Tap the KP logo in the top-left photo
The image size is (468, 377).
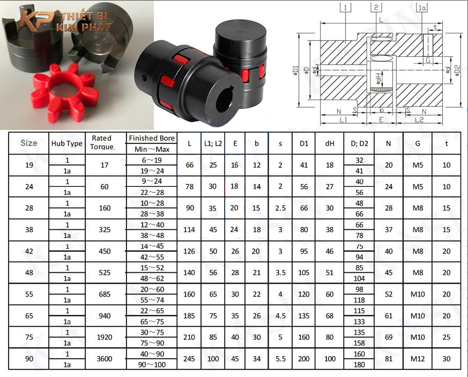35,20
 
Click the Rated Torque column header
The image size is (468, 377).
102,142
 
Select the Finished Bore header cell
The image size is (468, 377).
152,138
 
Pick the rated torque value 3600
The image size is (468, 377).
105,359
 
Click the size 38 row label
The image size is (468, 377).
29,230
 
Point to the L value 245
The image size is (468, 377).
189,359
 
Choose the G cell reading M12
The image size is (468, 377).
417,359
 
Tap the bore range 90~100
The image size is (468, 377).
152,365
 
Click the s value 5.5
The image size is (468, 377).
280,359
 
